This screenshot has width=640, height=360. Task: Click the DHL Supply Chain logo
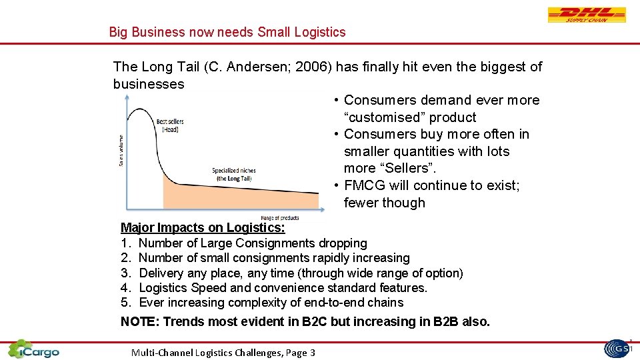(587, 15)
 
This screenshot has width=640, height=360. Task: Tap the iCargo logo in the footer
(33, 349)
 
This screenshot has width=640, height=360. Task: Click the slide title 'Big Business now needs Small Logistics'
(227, 32)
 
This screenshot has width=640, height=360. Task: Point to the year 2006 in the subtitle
(316, 67)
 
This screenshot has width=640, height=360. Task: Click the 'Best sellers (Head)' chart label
(170, 125)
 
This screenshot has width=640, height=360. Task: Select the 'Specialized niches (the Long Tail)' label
(233, 174)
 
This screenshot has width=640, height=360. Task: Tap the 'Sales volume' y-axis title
(121, 151)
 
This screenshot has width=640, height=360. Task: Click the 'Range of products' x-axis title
(279, 218)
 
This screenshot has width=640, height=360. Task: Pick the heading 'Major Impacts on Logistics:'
(203, 228)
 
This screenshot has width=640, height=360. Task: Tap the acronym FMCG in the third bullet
(364, 185)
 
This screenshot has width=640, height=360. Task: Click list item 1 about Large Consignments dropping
(244, 243)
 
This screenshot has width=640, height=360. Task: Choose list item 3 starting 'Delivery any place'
(292, 273)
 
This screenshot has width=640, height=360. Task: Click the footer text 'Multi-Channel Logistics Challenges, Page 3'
(223, 353)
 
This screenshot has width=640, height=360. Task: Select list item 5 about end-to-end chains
(262, 303)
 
